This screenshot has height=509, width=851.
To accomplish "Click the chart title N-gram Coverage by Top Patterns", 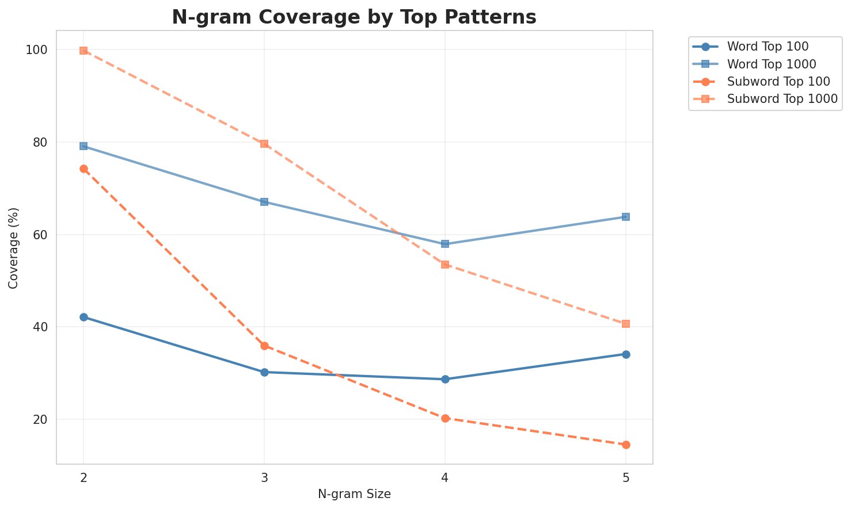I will [354, 17].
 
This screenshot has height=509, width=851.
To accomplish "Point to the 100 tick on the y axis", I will [37, 50].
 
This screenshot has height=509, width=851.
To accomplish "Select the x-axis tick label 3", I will [264, 478].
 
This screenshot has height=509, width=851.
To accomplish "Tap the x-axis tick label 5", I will [626, 478].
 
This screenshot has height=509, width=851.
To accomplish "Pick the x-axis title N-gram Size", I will [354, 494].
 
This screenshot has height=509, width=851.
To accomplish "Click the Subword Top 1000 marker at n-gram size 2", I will [83, 51].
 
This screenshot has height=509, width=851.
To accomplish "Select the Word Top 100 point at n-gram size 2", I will [83, 317].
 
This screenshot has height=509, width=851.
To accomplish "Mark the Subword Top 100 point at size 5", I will [626, 445].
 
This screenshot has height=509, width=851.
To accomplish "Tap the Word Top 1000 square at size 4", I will [445, 244].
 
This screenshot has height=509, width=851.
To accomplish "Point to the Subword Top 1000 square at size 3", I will [264, 144].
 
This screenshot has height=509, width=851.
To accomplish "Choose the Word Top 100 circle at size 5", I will [626, 354].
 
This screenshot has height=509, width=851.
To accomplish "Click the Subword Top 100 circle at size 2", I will [83, 169].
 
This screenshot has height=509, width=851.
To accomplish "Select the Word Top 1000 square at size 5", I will [626, 217].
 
